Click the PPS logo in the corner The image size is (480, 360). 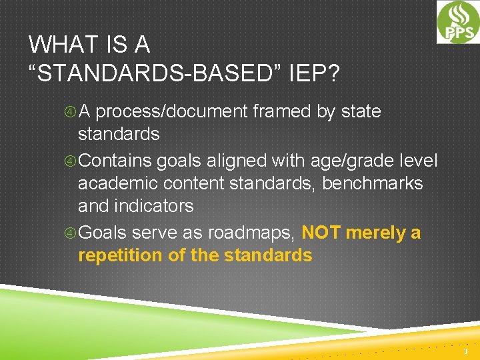(x=458, y=22)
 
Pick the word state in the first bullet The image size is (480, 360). (x=361, y=111)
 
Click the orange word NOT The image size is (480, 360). (x=321, y=233)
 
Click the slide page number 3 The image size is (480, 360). (x=466, y=351)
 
